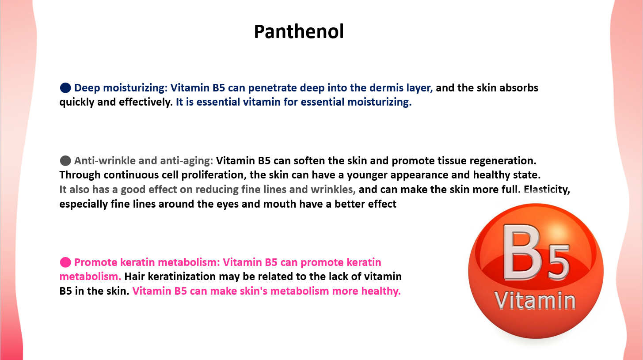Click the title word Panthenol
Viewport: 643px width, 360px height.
tap(299, 31)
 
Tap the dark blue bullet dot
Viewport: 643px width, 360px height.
tap(65, 88)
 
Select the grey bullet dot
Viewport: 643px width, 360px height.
tap(65, 161)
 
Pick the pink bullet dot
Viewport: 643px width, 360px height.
tap(65, 262)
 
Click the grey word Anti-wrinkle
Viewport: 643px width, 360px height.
tap(105, 161)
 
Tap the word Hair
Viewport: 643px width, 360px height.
tap(134, 277)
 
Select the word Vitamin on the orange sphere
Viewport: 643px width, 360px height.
tap(535, 301)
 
